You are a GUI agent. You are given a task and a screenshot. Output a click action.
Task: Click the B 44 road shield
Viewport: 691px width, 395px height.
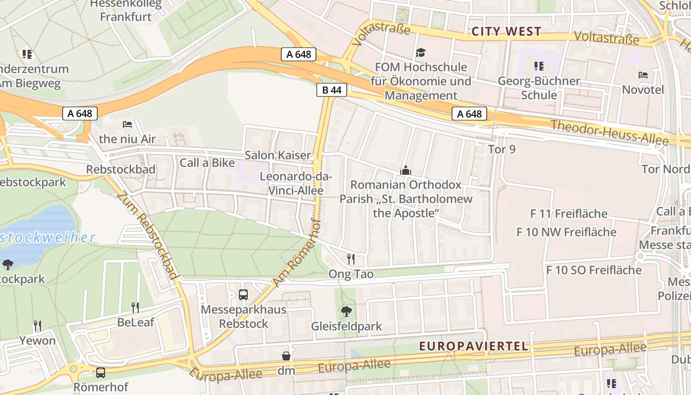pyautogui.click(x=332, y=90)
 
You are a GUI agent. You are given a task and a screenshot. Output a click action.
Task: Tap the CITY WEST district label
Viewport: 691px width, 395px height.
pyautogui.click(x=506, y=32)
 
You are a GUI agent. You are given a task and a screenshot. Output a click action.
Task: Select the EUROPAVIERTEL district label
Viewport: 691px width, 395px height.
pyautogui.click(x=474, y=346)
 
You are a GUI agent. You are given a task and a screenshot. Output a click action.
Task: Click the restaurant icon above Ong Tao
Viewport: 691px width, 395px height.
pyautogui.click(x=351, y=259)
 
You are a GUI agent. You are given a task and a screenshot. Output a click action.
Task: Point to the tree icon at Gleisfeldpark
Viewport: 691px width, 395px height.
pyautogui.click(x=346, y=312)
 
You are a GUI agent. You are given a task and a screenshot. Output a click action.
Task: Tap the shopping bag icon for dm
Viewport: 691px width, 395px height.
pyautogui.click(x=286, y=356)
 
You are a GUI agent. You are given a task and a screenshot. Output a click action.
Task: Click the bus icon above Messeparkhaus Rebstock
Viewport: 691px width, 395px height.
pyautogui.click(x=243, y=295)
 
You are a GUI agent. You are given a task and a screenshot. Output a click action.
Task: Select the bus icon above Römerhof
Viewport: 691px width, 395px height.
pyautogui.click(x=101, y=372)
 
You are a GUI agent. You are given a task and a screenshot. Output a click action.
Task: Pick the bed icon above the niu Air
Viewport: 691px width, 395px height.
pyautogui.click(x=127, y=124)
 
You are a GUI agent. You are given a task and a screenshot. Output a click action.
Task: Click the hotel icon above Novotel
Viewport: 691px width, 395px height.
pyautogui.click(x=643, y=75)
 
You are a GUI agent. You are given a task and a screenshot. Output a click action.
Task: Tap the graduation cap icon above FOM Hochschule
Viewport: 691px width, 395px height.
pyautogui.click(x=421, y=52)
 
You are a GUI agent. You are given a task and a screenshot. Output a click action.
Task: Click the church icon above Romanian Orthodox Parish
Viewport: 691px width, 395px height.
pyautogui.click(x=406, y=171)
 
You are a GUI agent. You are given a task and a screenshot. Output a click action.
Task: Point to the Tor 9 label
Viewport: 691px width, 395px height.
pyautogui.click(x=501, y=149)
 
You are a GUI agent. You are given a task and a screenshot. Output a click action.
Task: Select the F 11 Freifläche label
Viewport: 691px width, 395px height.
pyautogui.click(x=569, y=214)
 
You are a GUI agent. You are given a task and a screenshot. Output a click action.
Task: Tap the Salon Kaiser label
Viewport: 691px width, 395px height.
pyautogui.click(x=278, y=155)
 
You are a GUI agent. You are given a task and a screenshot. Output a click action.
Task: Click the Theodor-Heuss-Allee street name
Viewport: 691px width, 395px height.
pyautogui.click(x=610, y=132)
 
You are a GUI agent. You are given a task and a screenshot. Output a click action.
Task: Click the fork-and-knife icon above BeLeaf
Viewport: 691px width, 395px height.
pyautogui.click(x=135, y=308)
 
